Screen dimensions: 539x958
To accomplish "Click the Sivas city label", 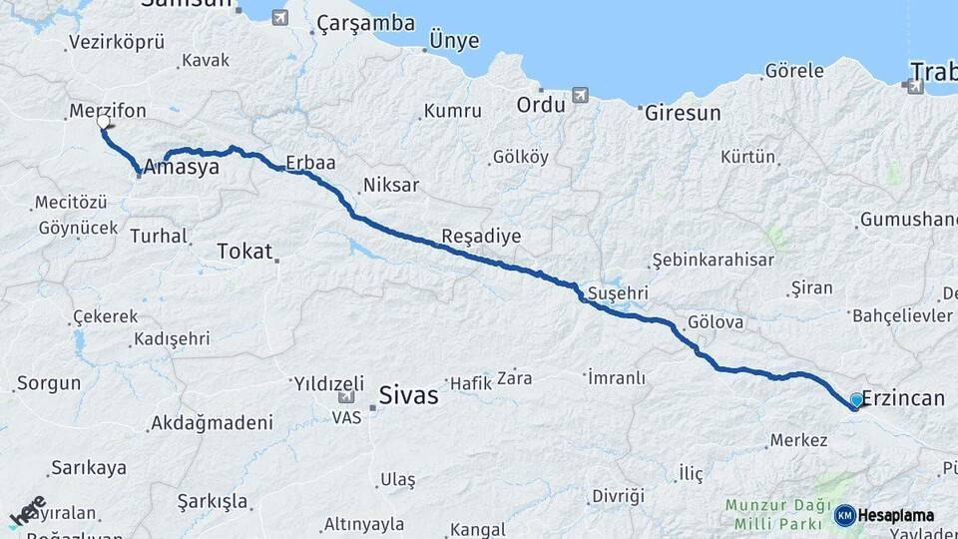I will tap(408, 395).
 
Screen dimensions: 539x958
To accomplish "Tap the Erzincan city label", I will tap(902, 398).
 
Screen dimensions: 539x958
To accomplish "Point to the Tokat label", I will tap(244, 252).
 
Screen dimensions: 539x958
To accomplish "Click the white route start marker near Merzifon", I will tap(104, 122).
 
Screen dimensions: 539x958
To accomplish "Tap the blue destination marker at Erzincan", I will tap(856, 401).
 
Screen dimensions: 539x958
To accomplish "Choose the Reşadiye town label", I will tap(481, 238).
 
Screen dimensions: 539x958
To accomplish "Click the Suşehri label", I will tap(619, 293).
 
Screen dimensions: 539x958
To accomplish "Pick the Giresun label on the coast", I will tap(683, 113).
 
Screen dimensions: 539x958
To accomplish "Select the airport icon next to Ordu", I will tap(580, 95).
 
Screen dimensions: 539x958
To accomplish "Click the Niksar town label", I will tap(391, 185).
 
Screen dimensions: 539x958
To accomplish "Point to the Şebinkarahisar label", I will tap(713, 260).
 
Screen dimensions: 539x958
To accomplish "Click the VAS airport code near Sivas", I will tap(345, 416).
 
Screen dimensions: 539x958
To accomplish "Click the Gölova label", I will tap(716, 322).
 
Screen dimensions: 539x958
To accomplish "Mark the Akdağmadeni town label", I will tap(212, 423).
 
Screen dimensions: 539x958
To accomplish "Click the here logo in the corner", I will tap(28, 511).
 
